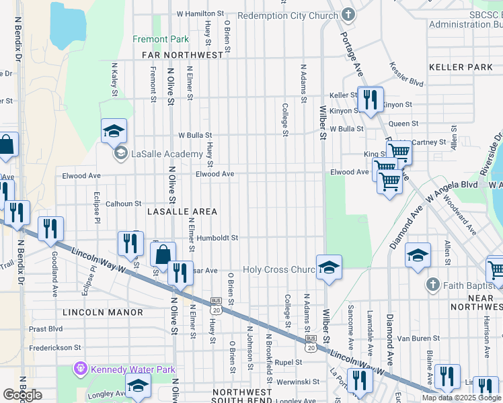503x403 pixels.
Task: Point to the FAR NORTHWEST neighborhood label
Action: [x=182, y=54]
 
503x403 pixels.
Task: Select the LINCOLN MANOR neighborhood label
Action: [x=103, y=312]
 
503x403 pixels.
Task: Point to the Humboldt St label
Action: [x=217, y=238]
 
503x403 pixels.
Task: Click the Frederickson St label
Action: [x=54, y=348]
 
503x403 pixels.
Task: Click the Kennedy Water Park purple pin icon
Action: [x=81, y=369]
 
